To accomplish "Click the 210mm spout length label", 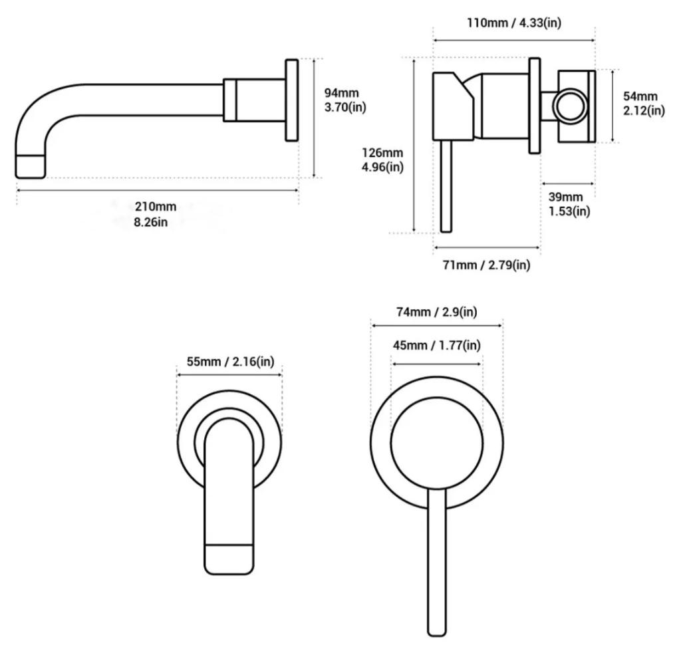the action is [x=155, y=206].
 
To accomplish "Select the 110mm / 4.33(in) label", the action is [x=514, y=23].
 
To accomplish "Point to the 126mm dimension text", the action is [x=382, y=153].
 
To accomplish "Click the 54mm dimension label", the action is [x=640, y=96].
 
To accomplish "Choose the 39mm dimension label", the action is [x=565, y=197].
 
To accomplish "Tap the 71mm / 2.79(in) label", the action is [x=486, y=265].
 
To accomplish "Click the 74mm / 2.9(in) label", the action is [x=436, y=312].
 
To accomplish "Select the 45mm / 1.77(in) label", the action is [x=436, y=345].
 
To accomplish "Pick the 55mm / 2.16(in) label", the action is [x=230, y=362].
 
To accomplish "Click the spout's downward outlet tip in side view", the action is [x=31, y=166].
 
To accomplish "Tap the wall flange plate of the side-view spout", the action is [x=292, y=100].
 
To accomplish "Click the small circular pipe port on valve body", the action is [x=570, y=106].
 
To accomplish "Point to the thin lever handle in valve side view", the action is [x=446, y=186].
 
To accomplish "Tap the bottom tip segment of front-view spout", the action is [x=229, y=559].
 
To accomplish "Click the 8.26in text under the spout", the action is [x=150, y=222].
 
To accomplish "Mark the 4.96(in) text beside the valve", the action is [x=382, y=167].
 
